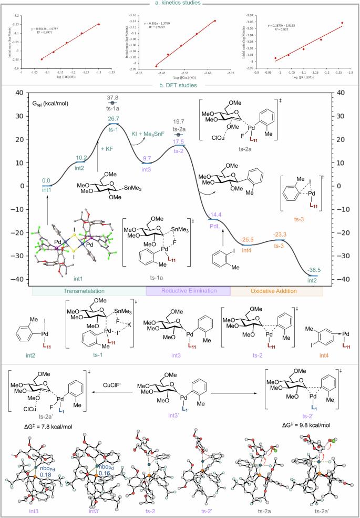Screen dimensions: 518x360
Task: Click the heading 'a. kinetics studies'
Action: pos(180,4)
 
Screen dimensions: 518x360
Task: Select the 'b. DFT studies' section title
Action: pos(180,85)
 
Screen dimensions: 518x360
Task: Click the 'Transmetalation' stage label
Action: pos(88,290)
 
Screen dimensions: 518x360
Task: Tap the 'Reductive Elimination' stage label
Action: pos(188,290)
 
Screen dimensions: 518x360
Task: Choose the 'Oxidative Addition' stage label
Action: pos(276,290)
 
